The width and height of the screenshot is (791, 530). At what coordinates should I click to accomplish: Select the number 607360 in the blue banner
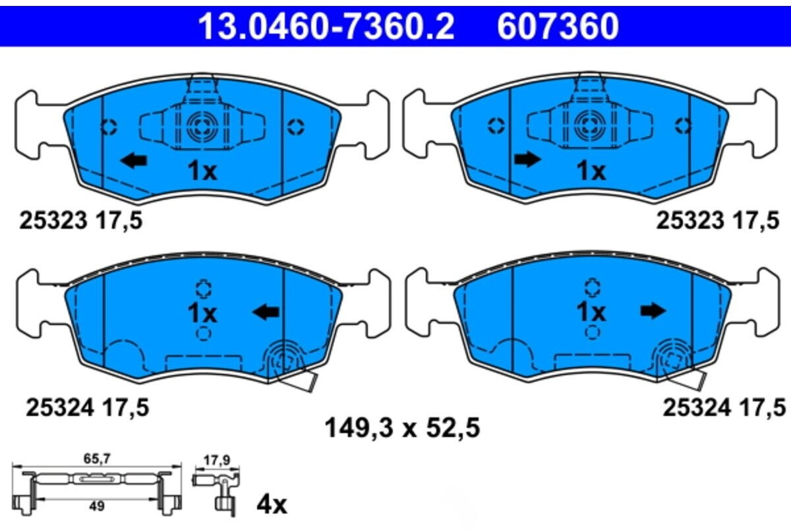(x=558, y=26)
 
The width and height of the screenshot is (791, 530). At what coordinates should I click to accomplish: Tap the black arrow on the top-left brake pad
(x=133, y=161)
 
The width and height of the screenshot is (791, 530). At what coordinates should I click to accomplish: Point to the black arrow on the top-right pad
(x=527, y=160)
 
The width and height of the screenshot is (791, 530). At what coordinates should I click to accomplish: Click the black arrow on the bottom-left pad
(x=266, y=312)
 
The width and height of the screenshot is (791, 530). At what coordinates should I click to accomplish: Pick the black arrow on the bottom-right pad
(x=653, y=311)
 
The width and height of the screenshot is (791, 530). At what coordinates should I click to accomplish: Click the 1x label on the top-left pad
(x=202, y=171)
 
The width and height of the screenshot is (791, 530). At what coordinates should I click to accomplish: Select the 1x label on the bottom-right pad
(x=591, y=312)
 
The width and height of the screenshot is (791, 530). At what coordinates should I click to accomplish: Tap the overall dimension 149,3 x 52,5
(x=402, y=428)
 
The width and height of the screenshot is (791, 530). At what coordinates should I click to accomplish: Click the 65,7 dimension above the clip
(x=97, y=459)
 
